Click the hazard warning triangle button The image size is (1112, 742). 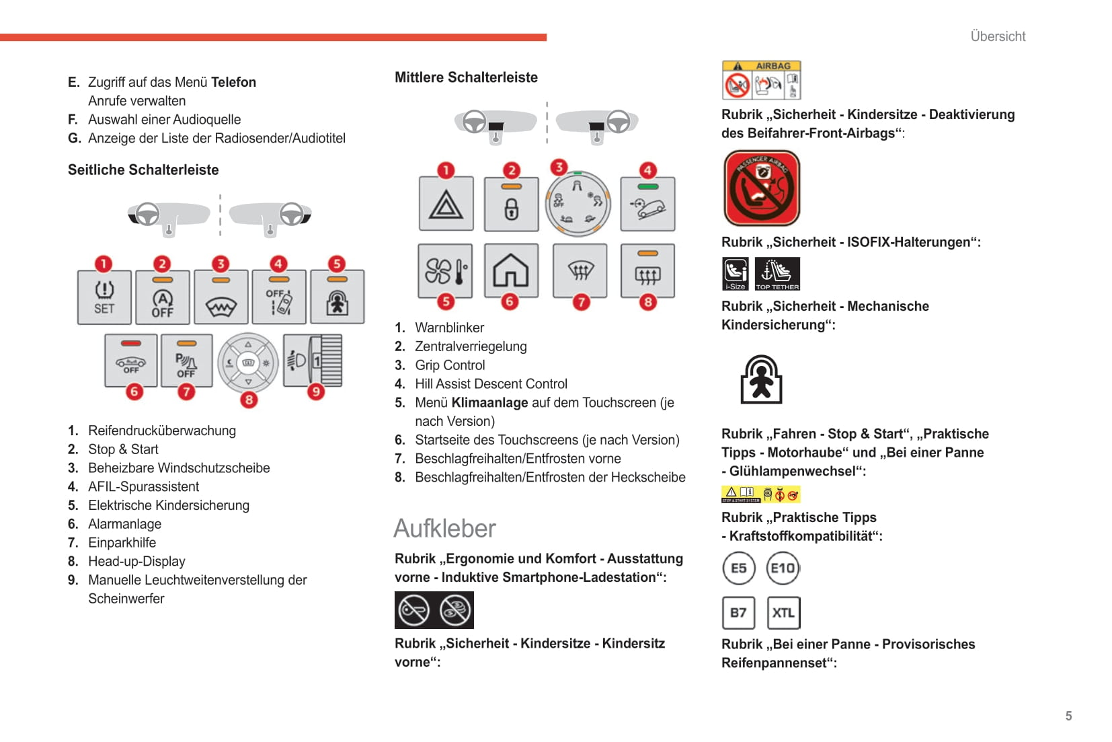(x=446, y=204)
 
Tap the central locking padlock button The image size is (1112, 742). (x=512, y=204)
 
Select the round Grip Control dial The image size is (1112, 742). (x=578, y=203)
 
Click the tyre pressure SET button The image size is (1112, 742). (x=104, y=297)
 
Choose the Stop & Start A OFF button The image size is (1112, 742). (x=162, y=297)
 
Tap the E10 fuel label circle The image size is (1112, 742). (x=783, y=568)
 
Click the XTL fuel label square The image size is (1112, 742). (x=783, y=613)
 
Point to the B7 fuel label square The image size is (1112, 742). (x=738, y=613)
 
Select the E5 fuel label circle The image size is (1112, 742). (x=738, y=568)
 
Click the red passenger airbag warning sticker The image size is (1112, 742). (x=761, y=188)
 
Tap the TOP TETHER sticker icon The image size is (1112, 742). (x=777, y=274)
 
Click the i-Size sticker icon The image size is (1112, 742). (x=736, y=274)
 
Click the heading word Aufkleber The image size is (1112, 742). (x=444, y=529)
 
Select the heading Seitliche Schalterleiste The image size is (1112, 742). (x=143, y=170)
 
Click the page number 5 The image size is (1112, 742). (x=1068, y=716)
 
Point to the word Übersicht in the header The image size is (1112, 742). (x=998, y=36)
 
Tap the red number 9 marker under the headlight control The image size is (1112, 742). (x=316, y=392)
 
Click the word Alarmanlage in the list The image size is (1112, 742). (x=124, y=524)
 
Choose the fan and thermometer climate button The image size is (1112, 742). (x=444, y=271)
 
